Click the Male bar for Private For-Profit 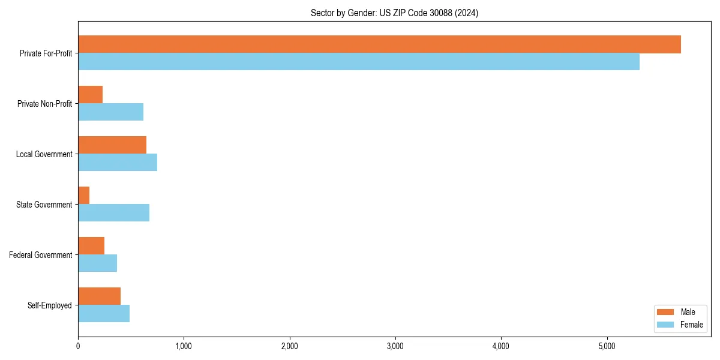click(379, 44)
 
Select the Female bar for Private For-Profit click(359, 62)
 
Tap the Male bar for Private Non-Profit click(91, 95)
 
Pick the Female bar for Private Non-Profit click(111, 112)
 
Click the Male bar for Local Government click(112, 145)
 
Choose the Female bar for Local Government click(118, 163)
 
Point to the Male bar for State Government click(84, 196)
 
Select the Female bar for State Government click(114, 213)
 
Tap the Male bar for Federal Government click(91, 246)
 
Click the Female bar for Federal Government click(98, 263)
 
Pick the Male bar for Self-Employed click(100, 296)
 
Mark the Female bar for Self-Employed click(104, 314)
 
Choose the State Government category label click(44, 205)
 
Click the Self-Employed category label click(50, 305)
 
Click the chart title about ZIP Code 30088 click(394, 13)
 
